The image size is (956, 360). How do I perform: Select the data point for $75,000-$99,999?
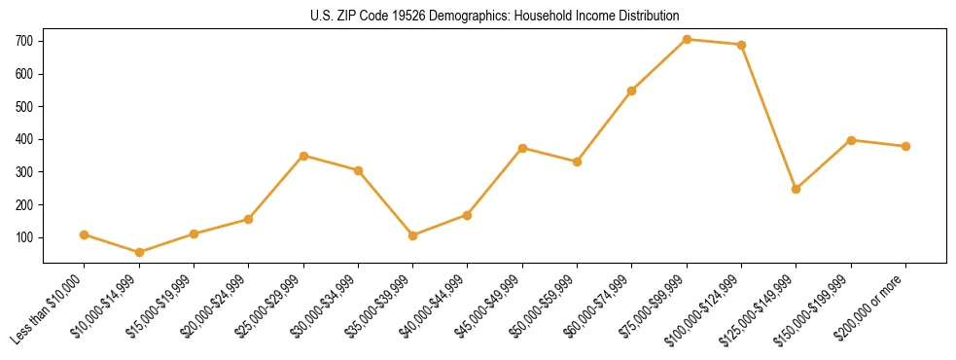tap(688, 39)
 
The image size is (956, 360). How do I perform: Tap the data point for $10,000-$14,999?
tap(139, 252)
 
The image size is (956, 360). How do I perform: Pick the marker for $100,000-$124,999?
tap(742, 45)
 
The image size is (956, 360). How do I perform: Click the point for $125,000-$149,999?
tap(797, 189)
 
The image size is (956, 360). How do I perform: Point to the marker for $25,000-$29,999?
tap(303, 156)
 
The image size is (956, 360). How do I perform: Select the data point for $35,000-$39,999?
tap(413, 235)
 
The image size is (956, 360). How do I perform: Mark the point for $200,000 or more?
tap(905, 146)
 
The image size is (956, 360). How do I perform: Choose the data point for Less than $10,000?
tap(85, 234)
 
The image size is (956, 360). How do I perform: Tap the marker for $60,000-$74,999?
tap(632, 90)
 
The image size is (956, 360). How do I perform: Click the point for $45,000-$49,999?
tap(523, 148)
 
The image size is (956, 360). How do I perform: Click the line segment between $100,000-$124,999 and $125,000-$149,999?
tap(769, 117)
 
